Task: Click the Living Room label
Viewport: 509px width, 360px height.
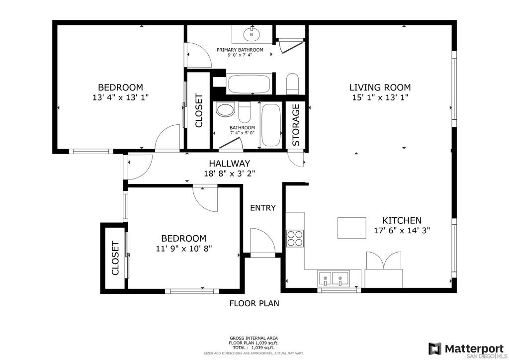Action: coord(380,88)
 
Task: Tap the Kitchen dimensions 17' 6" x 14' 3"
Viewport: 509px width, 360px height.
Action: coord(402,231)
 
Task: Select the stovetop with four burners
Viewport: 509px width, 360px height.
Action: coord(295,238)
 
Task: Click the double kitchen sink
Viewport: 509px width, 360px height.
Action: coord(334,278)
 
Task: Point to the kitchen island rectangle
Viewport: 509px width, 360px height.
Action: coord(352,228)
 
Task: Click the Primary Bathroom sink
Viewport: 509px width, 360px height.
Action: coord(252,34)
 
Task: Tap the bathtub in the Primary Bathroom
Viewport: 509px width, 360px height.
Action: coord(250,84)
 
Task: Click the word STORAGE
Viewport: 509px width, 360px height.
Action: coord(296,125)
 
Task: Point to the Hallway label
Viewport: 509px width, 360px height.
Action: coord(230,163)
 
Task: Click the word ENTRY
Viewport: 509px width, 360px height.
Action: coord(263,208)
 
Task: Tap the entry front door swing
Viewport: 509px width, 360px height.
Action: coord(263,241)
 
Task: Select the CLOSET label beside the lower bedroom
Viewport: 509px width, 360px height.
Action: coord(115,258)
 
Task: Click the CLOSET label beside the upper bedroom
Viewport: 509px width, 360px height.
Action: coord(199,111)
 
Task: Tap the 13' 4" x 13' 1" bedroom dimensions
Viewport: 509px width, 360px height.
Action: coord(120,97)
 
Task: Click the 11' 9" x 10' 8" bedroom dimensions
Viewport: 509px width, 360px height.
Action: coord(184,249)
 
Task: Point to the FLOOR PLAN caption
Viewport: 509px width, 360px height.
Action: coord(254,303)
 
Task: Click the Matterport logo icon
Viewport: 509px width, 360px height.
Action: coord(435,349)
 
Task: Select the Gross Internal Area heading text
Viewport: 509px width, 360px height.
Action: coord(254,338)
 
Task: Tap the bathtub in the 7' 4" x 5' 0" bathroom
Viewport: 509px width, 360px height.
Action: coord(271,125)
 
